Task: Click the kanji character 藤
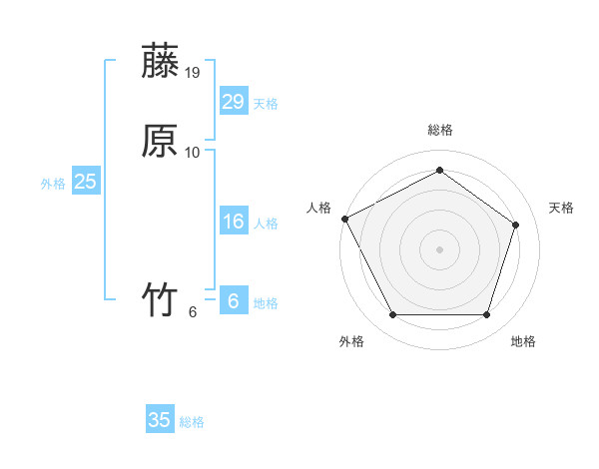pos(161,63)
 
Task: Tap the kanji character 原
pos(161,142)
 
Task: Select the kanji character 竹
pos(161,300)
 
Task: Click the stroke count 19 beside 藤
pos(193,73)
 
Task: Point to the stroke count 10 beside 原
pos(193,153)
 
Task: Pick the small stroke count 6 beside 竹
pos(193,312)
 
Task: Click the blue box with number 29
pos(233,102)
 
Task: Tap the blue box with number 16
pos(233,222)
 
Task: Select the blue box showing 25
pos(85,182)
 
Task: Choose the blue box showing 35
pos(160,420)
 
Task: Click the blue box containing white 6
pos(233,301)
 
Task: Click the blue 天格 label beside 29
pos(266,104)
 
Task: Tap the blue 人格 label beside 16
pos(266,224)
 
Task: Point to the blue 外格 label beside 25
pos(53,184)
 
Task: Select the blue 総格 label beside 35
pos(192,422)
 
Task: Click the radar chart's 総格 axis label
pos(439,131)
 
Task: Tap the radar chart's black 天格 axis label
pos(562,208)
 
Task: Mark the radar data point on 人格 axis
pos(344,218)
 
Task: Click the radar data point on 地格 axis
pos(486,315)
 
